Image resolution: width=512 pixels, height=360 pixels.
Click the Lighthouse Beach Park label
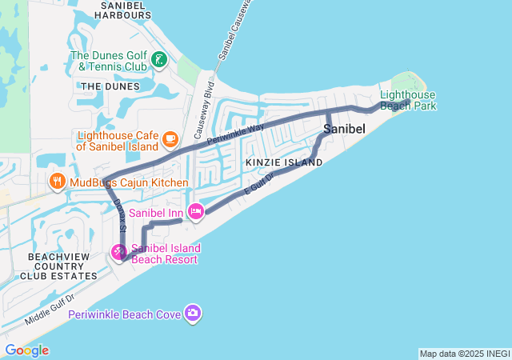point(408,100)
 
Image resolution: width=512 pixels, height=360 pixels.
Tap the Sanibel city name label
point(345,129)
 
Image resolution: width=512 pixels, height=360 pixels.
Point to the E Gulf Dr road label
point(258,186)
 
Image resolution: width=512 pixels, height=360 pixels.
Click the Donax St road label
point(120,216)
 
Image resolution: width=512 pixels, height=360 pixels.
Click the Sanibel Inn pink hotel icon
point(195,211)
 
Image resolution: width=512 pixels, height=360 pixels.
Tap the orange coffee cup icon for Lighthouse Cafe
point(170,140)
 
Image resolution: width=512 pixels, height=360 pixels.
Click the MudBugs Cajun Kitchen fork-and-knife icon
point(57,182)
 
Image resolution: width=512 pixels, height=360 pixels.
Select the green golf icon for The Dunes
point(160,60)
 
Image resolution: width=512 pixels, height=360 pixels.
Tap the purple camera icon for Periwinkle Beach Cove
point(192,313)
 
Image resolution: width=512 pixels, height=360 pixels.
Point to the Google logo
point(26,350)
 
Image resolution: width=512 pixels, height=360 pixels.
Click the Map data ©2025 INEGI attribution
point(463,354)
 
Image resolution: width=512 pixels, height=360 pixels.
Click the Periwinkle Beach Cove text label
point(124,314)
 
